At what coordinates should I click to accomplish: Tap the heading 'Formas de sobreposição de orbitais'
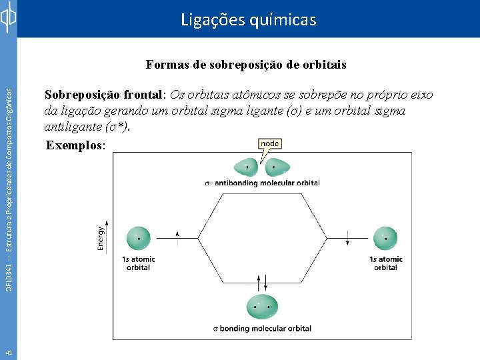click(x=246, y=65)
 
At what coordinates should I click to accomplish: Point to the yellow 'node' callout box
click(x=270, y=143)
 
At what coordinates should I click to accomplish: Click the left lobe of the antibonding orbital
click(x=246, y=167)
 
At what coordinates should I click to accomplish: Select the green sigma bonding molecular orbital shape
click(x=263, y=307)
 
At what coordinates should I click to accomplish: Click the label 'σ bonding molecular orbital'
click(x=263, y=328)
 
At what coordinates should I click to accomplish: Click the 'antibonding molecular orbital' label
click(x=271, y=183)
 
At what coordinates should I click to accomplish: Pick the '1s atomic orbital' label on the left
click(x=139, y=263)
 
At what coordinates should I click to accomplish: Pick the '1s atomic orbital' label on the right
click(x=386, y=263)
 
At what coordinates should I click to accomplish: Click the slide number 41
click(x=8, y=352)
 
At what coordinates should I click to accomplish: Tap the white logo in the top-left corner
click(x=8, y=19)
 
